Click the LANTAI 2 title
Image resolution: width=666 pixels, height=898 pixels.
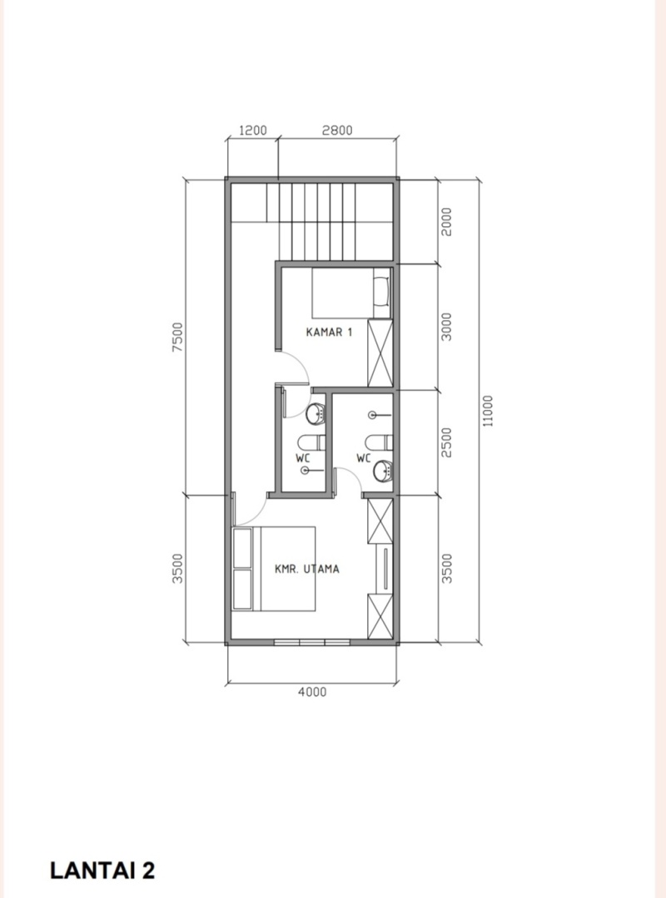tap(102, 870)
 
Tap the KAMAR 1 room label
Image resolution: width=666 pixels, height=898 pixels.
tap(330, 332)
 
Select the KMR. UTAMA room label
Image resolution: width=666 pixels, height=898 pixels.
tap(307, 569)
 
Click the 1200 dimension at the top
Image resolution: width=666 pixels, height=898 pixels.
tap(252, 130)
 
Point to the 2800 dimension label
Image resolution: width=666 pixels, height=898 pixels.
tap(336, 130)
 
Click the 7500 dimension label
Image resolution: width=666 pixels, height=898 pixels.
tap(177, 338)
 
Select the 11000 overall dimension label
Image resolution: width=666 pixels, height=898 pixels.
tap(487, 411)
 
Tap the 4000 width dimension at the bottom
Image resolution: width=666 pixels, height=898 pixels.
tap(312, 692)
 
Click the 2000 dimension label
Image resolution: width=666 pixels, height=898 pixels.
tap(447, 222)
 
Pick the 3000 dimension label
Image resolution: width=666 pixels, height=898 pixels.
tap(447, 327)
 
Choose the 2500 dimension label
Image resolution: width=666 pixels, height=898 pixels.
tap(447, 442)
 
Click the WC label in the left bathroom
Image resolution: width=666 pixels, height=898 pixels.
tap(303, 458)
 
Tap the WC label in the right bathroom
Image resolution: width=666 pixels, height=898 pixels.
tap(364, 458)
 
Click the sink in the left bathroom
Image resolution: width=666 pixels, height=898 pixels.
tap(316, 413)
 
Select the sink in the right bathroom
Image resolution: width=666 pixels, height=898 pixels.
tap(383, 472)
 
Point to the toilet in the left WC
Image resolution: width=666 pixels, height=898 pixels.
tap(311, 442)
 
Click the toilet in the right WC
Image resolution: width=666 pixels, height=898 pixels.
tap(379, 442)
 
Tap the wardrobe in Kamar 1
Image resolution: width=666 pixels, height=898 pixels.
tap(380, 353)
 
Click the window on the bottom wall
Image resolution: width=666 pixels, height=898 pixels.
tap(312, 643)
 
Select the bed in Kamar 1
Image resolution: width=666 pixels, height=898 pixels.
tap(351, 293)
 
